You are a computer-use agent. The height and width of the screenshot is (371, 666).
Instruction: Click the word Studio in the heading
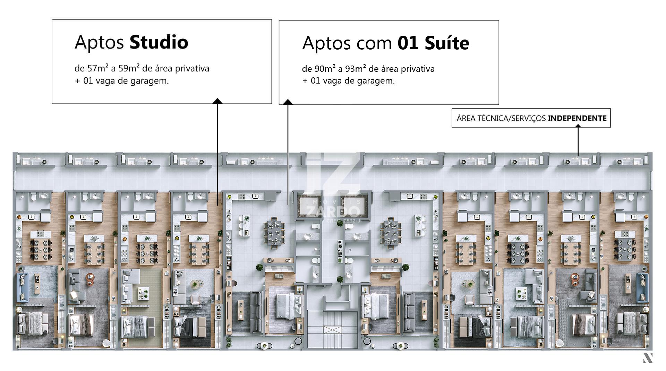click(159, 42)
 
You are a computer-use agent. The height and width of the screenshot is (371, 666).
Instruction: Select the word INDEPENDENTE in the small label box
click(577, 118)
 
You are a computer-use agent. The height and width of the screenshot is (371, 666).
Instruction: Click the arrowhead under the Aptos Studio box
click(217, 101)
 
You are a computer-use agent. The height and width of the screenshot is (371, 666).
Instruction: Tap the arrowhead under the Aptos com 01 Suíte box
click(288, 102)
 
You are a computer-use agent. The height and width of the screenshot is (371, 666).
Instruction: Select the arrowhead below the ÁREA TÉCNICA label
click(578, 126)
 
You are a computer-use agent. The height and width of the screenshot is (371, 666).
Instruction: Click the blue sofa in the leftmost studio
click(22, 287)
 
